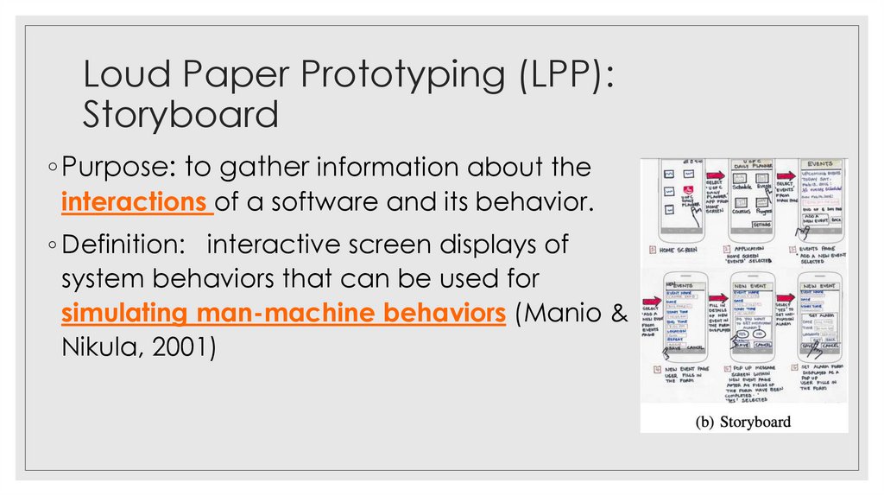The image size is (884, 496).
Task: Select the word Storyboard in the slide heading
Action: pyautogui.click(x=181, y=113)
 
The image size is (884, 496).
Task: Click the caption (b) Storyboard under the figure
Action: pyautogui.click(x=744, y=422)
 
